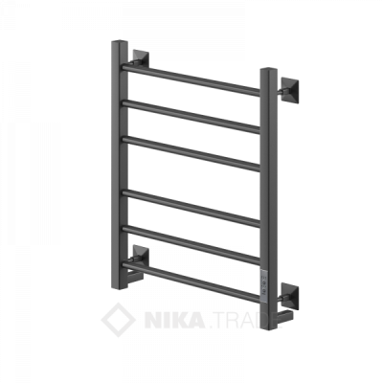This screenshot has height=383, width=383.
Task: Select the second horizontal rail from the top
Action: [191, 117]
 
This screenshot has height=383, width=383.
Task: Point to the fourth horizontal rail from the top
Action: [191, 208]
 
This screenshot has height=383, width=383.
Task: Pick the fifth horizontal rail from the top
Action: [191, 245]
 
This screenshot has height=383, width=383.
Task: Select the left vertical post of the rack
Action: [120, 165]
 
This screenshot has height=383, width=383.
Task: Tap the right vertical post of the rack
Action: [269, 199]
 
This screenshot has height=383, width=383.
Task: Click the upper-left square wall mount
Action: [140, 59]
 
